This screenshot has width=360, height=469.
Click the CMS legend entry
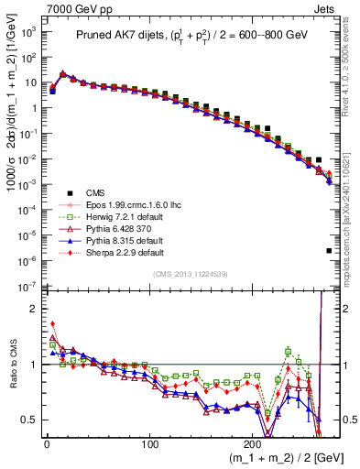tap(82, 191)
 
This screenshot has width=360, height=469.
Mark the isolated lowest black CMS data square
tap(329, 250)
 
